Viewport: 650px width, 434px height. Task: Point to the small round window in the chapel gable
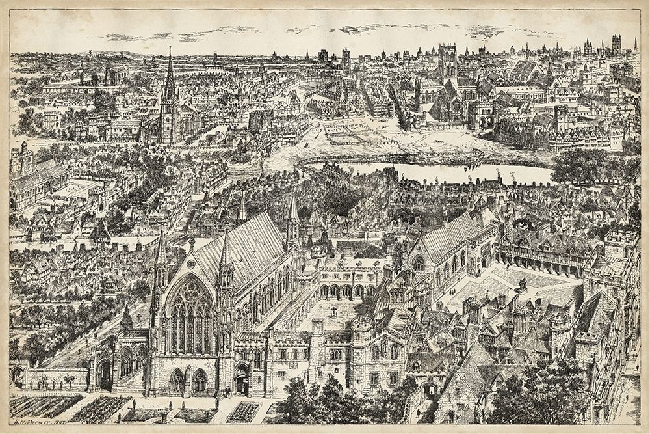click(191, 245)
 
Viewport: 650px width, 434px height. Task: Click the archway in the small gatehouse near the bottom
click(430, 391)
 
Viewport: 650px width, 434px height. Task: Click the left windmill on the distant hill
click(90, 51)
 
